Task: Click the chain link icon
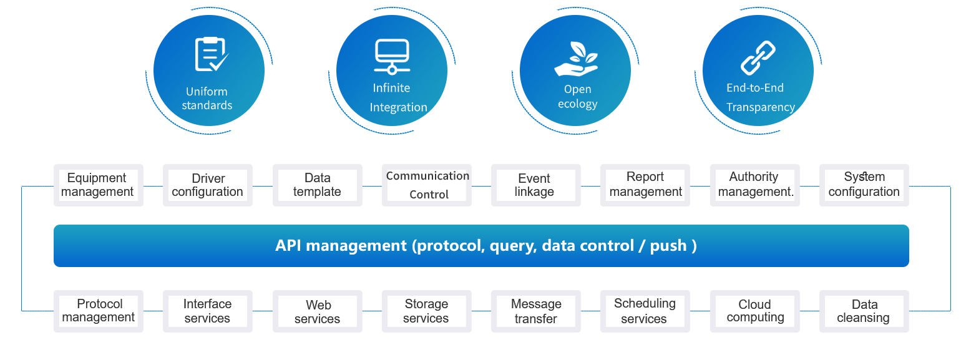[758, 57]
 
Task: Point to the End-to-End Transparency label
[759, 97]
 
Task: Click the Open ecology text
[577, 97]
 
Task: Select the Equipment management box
[98, 185]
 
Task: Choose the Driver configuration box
[208, 185]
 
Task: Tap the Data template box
[317, 185]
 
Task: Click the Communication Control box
[427, 185]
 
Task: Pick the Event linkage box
[535, 185]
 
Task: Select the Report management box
[645, 185]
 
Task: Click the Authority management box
[755, 185]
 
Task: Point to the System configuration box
[864, 185]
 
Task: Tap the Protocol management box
[99, 311]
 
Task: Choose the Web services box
[317, 311]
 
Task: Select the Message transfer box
[535, 311]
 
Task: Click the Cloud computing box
[755, 311]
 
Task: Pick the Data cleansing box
[864, 311]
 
